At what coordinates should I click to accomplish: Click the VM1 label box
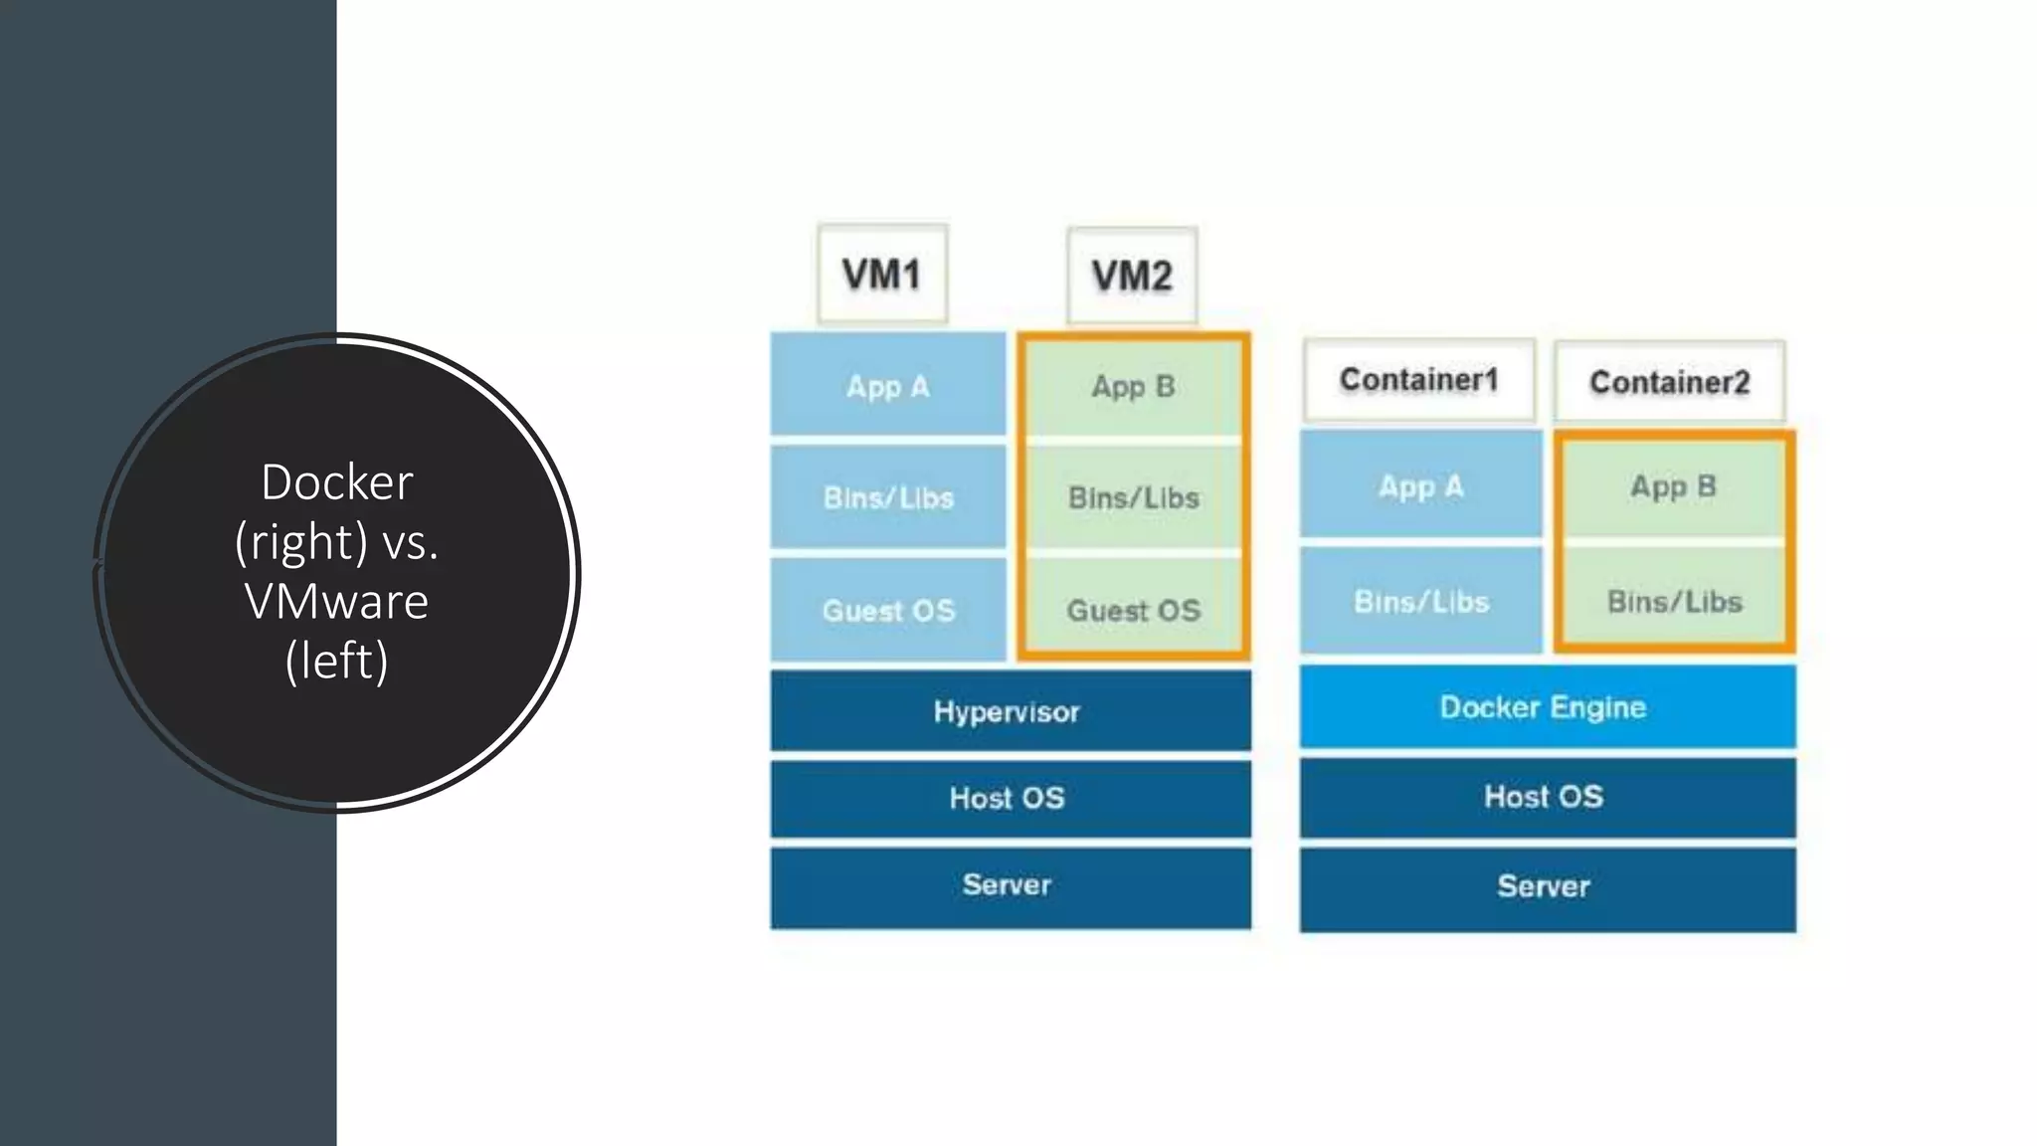pos(882,274)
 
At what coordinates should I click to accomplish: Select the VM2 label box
pos(1132,276)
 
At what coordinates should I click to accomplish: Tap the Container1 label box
pos(1419,379)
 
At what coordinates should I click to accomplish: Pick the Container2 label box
pos(1669,382)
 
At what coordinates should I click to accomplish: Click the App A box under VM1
pos(888,385)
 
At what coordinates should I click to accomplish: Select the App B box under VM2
pos(1133,385)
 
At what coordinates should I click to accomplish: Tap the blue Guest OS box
pos(888,609)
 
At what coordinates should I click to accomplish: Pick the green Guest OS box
pos(1133,609)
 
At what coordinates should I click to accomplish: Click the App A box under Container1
pos(1420,485)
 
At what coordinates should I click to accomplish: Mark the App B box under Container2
pos(1674,485)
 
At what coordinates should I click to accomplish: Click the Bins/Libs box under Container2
pos(1674,600)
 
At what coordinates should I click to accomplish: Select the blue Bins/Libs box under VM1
pos(888,496)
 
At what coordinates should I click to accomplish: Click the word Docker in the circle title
pos(336,482)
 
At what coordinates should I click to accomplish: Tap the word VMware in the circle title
pos(336,601)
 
